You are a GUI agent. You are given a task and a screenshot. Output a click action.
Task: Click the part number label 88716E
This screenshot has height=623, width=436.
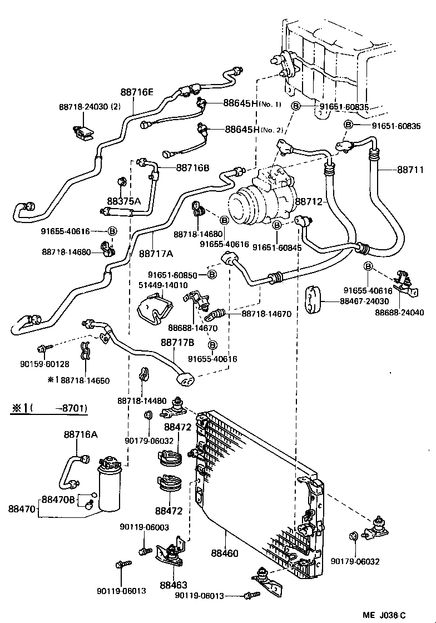pos(137,92)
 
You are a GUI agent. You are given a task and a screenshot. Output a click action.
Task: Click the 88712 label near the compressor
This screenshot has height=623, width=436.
pos(309,201)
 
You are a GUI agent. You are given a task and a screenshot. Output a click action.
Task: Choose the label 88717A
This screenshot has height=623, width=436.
pos(156,254)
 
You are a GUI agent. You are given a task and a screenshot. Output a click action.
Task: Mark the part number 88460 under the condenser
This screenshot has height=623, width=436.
pos(225,553)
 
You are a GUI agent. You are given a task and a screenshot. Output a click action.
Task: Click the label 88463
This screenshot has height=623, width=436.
pos(174,585)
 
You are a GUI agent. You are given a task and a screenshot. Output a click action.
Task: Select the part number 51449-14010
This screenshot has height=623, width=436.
pos(163,285)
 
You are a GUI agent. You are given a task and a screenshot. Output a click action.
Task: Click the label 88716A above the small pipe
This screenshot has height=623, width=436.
pos(81,434)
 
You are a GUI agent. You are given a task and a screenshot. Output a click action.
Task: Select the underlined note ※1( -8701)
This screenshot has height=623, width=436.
pos(49,408)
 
